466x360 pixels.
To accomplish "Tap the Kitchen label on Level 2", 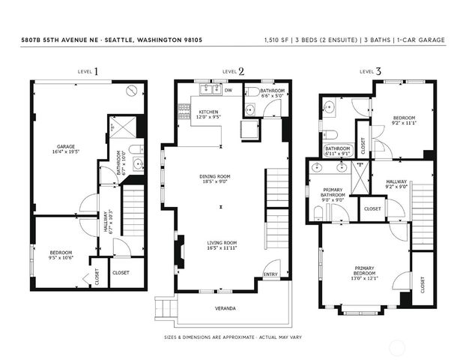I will tap(208, 112).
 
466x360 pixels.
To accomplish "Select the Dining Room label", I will tap(214, 176).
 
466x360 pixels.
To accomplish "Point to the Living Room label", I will tap(222, 242).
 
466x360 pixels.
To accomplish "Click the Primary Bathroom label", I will tap(333, 191).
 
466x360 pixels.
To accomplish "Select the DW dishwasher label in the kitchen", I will tap(229, 91).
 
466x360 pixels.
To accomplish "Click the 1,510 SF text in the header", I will tap(278, 39).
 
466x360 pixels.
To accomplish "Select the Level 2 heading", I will tap(233, 72).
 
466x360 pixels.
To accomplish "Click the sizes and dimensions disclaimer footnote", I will tap(232, 337).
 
